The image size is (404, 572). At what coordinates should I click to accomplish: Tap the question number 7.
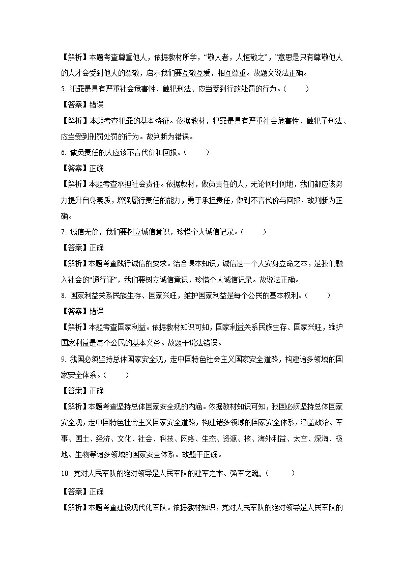tap(63, 232)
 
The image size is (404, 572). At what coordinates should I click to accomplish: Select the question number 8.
tap(63, 295)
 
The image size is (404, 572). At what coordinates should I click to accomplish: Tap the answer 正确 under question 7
tap(96, 248)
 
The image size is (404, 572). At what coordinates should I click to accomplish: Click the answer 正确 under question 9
tap(96, 391)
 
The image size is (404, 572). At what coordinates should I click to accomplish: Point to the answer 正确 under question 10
tap(96, 492)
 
